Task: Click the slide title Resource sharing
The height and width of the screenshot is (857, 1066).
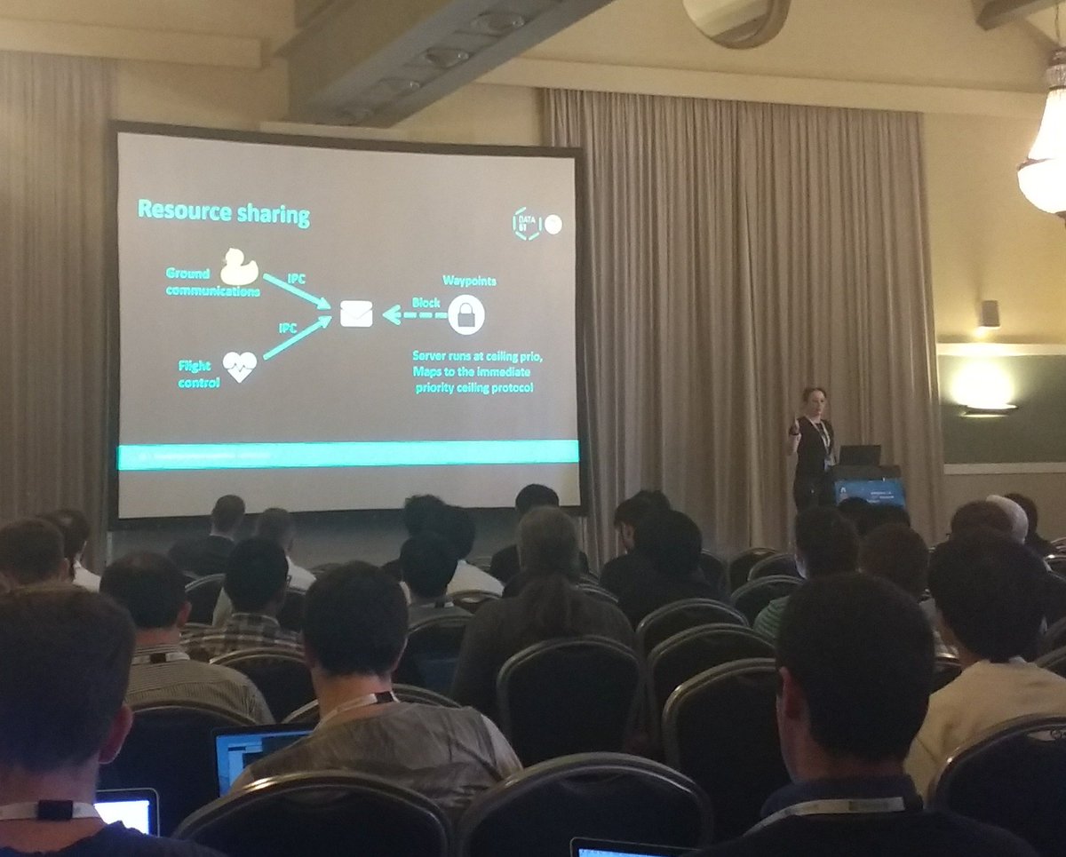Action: (223, 213)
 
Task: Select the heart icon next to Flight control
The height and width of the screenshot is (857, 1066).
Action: (239, 366)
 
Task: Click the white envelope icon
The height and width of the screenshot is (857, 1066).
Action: (356, 313)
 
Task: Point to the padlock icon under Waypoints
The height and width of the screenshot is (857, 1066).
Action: (466, 313)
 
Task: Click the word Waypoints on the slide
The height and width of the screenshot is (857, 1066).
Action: (469, 281)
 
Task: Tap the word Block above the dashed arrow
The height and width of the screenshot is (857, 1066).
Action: (426, 303)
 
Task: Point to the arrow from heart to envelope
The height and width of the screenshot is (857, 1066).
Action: (296, 339)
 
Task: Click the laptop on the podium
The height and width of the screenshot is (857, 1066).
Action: (859, 456)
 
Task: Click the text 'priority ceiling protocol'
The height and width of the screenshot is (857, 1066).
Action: (474, 387)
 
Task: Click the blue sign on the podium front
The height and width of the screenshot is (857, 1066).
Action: (869, 491)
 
